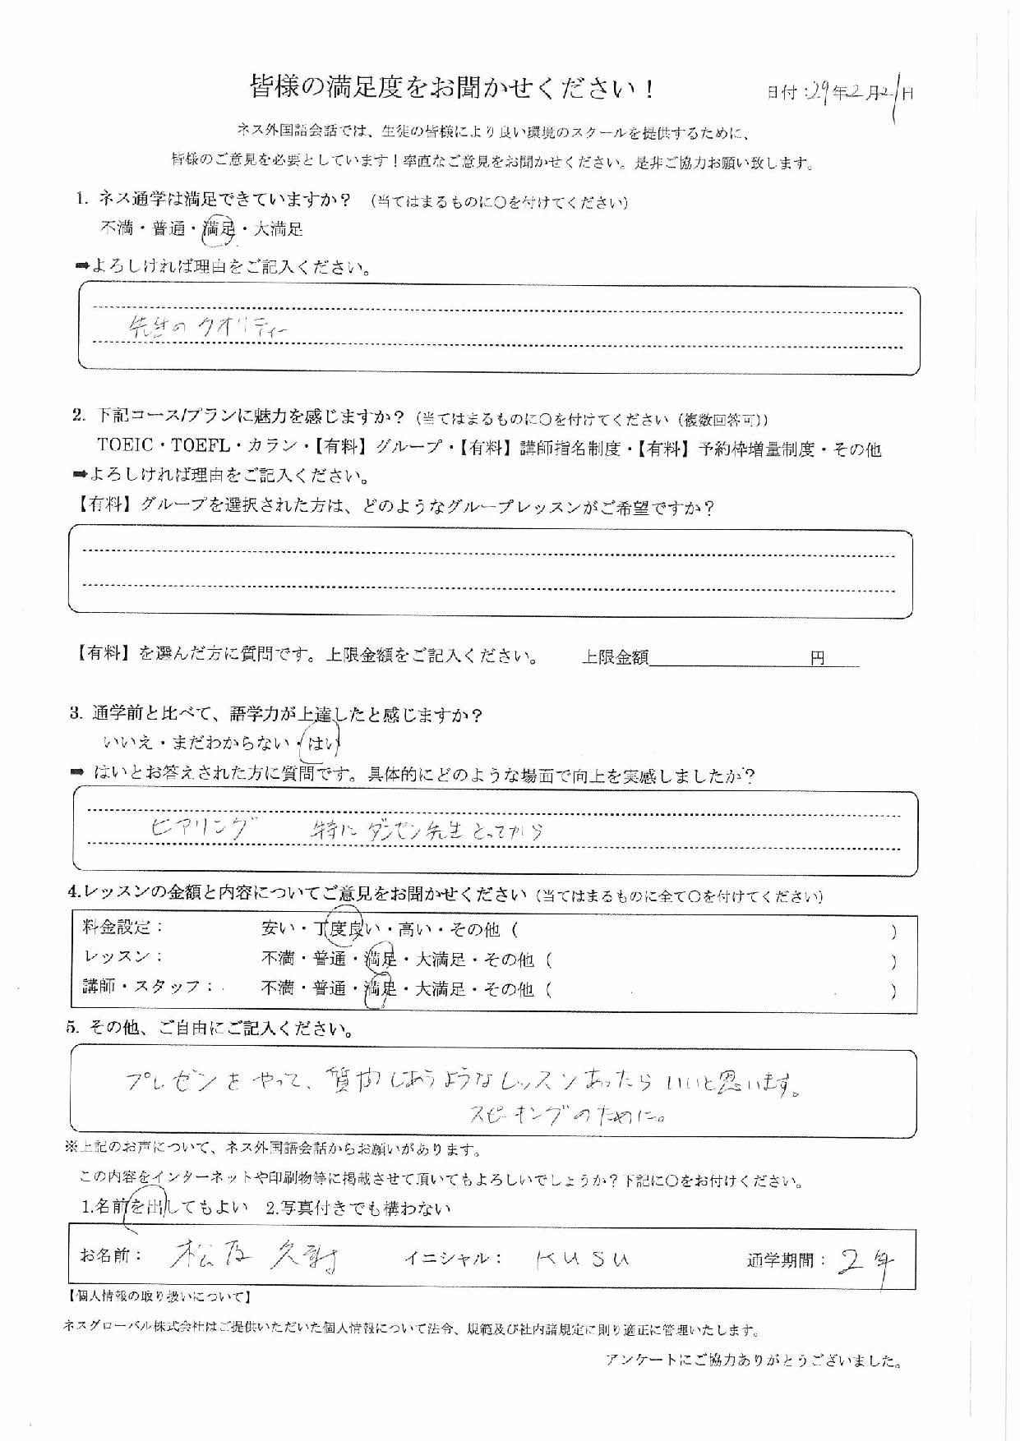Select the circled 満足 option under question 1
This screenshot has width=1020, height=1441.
(x=219, y=229)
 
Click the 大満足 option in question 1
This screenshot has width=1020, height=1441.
(x=278, y=229)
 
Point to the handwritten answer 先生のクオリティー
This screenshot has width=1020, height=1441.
(x=209, y=328)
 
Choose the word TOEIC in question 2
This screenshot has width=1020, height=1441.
(x=125, y=447)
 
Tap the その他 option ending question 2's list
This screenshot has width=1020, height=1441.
(x=856, y=449)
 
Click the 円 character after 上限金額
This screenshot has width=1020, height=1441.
(x=817, y=658)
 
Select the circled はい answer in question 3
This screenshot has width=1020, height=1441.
(x=321, y=744)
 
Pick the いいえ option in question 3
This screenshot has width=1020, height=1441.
(x=127, y=744)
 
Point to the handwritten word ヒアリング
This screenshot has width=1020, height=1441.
(x=198, y=830)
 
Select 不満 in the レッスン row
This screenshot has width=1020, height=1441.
(x=278, y=960)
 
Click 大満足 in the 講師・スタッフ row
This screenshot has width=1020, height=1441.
(x=441, y=989)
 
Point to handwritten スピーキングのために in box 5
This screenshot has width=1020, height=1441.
(x=567, y=1115)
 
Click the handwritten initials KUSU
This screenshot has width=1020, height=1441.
(x=582, y=1259)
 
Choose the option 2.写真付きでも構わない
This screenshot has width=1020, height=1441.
(x=359, y=1208)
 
